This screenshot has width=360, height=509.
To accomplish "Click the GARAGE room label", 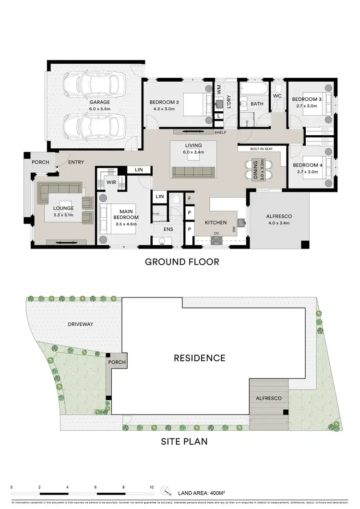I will click(x=99, y=102).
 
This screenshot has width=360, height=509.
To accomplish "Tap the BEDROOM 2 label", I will click(x=164, y=102).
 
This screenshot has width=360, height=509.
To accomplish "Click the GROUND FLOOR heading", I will click(x=182, y=262).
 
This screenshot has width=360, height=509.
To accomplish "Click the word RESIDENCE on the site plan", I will click(x=199, y=358).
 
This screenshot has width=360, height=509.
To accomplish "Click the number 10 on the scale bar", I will click(x=152, y=486).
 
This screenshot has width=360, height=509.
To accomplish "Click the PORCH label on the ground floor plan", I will click(x=40, y=162).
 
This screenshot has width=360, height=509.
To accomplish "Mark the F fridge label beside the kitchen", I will click(x=190, y=198).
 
